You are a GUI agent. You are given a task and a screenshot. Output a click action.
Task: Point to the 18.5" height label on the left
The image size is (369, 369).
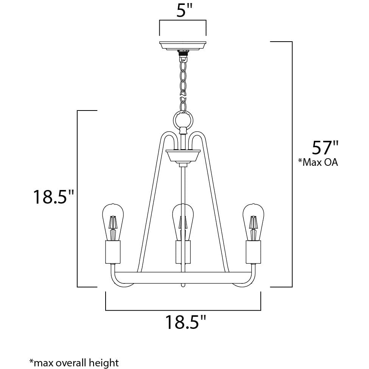53,197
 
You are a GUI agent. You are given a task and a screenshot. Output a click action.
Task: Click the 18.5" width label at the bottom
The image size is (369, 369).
185,323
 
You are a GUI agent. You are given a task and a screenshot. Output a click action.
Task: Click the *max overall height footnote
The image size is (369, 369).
74,363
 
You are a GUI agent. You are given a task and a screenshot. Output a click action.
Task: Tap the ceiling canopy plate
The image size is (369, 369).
183,45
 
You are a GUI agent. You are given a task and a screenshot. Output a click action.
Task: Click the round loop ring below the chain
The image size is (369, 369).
184,121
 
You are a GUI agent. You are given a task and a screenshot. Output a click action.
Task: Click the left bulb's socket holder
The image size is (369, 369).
112,252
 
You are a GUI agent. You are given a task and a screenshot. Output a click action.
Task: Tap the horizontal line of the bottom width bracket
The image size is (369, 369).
183,310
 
